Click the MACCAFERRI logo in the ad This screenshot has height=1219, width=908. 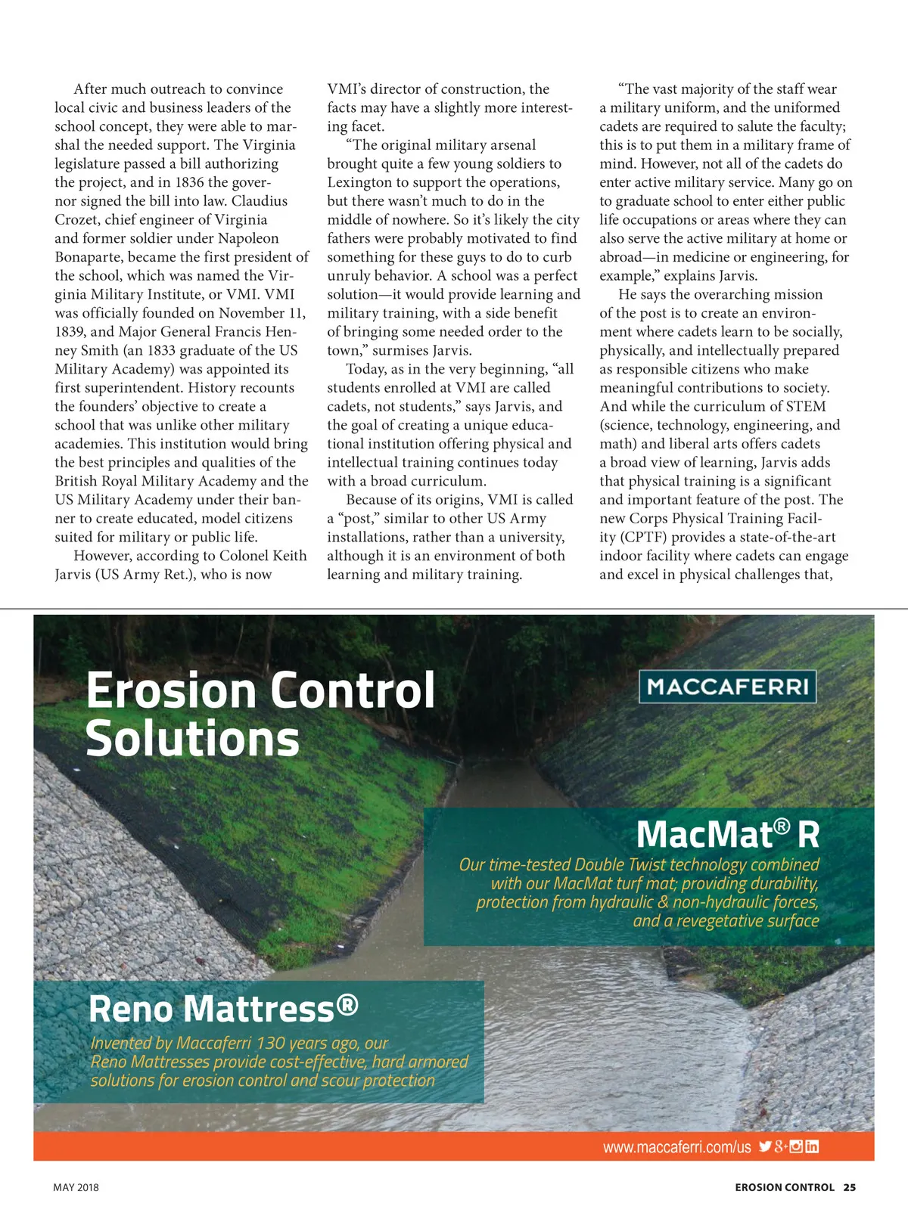pyautogui.click(x=727, y=687)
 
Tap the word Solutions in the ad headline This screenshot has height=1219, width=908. pyautogui.click(x=193, y=739)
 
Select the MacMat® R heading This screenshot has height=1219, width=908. pyautogui.click(x=727, y=835)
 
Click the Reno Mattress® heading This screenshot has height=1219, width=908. pyautogui.click(x=223, y=1009)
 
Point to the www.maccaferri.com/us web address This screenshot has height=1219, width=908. pyautogui.click(x=676, y=1147)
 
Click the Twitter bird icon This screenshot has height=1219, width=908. pyautogui.click(x=765, y=1146)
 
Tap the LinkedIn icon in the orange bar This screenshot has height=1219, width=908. pyautogui.click(x=812, y=1146)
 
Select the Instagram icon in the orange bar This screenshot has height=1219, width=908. pyautogui.click(x=796, y=1146)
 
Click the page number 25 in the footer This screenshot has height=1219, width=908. pyautogui.click(x=850, y=1187)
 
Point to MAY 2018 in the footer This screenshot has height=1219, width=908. pyautogui.click(x=76, y=1187)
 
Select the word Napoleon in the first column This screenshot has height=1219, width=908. pyautogui.click(x=248, y=238)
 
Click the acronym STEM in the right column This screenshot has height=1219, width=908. pyautogui.click(x=805, y=406)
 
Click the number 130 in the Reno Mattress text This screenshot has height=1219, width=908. pyautogui.click(x=270, y=1044)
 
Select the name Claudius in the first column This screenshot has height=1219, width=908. pyautogui.click(x=260, y=201)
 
